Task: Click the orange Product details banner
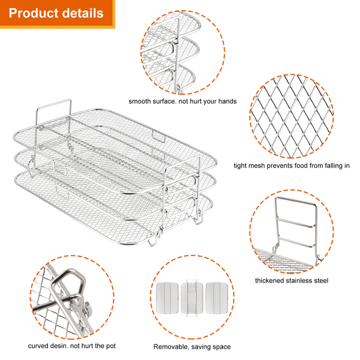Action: [57, 13]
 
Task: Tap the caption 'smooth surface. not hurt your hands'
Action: [182, 101]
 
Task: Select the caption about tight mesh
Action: [292, 166]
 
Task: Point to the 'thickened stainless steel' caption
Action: [292, 280]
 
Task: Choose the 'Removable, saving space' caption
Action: [192, 346]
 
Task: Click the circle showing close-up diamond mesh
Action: [292, 116]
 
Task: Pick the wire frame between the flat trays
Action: [192, 297]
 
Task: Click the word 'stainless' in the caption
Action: [302, 280]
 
